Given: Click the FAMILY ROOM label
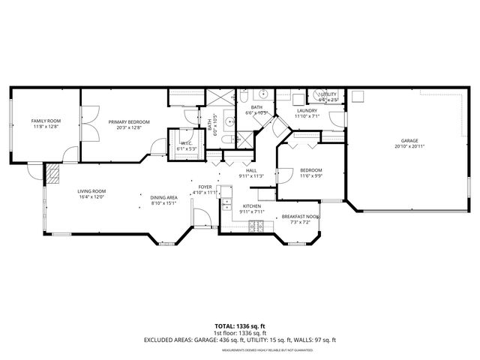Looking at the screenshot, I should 46,121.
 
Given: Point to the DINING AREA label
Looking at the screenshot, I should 163,197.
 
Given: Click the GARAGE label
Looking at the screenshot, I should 409,140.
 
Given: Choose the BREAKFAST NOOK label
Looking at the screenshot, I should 301,217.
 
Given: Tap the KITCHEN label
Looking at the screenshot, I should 251,205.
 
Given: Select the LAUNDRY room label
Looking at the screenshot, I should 307,110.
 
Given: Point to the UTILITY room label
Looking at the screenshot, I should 328,94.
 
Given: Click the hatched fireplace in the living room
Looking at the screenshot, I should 53,175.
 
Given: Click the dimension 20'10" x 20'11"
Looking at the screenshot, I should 409,146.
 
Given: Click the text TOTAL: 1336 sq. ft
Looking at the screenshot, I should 240,325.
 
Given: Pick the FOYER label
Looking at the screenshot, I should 205,187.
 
